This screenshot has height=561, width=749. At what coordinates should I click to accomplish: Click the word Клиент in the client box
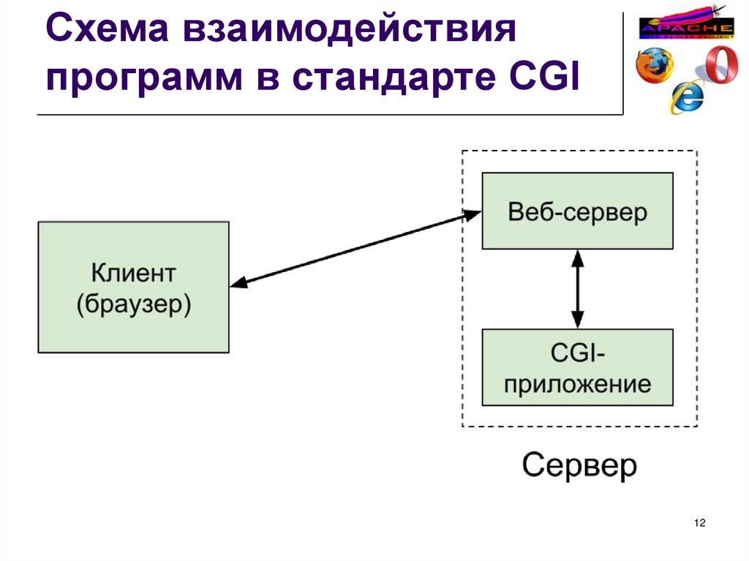tap(133, 274)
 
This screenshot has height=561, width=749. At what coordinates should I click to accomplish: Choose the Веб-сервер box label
tap(577, 213)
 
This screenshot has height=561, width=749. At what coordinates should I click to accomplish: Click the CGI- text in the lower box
tap(577, 355)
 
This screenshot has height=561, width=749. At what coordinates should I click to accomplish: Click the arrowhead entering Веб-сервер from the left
tap(473, 214)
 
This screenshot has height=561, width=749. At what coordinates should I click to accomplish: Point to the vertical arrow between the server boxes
tap(578, 289)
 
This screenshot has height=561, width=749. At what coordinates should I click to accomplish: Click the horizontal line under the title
tap(329, 115)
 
